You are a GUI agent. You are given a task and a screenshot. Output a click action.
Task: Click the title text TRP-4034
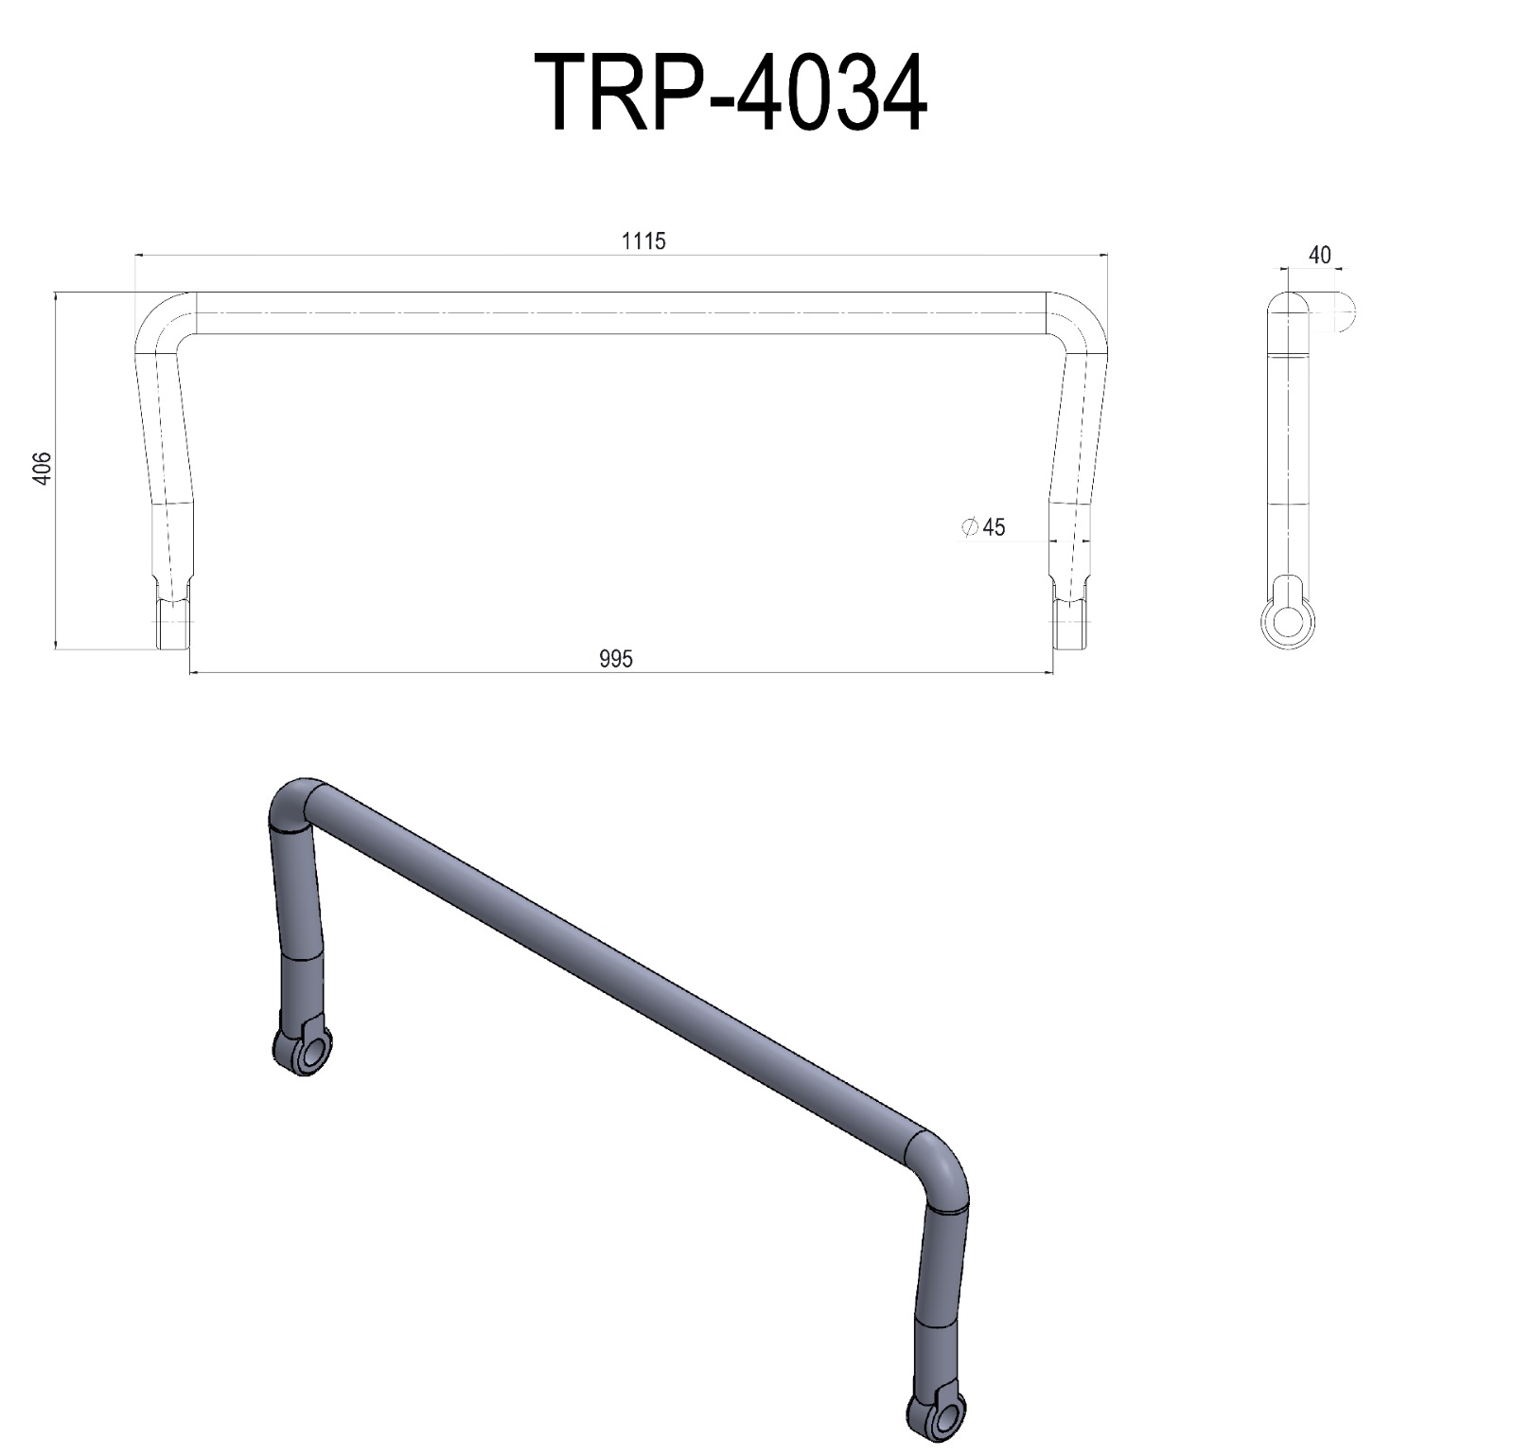(x=731, y=93)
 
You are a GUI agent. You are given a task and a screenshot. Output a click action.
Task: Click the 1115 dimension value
(x=643, y=241)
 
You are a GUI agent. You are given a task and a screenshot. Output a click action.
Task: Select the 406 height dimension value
(x=41, y=469)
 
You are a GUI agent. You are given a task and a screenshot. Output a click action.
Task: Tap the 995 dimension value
(x=615, y=659)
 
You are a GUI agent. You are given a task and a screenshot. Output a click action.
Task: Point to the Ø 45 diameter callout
(x=984, y=527)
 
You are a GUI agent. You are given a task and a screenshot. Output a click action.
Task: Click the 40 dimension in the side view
(x=1319, y=255)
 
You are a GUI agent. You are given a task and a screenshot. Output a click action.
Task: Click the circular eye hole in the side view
(x=1288, y=622)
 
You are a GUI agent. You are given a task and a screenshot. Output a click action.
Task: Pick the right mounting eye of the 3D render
(x=937, y=1420)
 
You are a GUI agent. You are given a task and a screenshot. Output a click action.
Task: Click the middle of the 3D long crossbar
(x=615, y=966)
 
